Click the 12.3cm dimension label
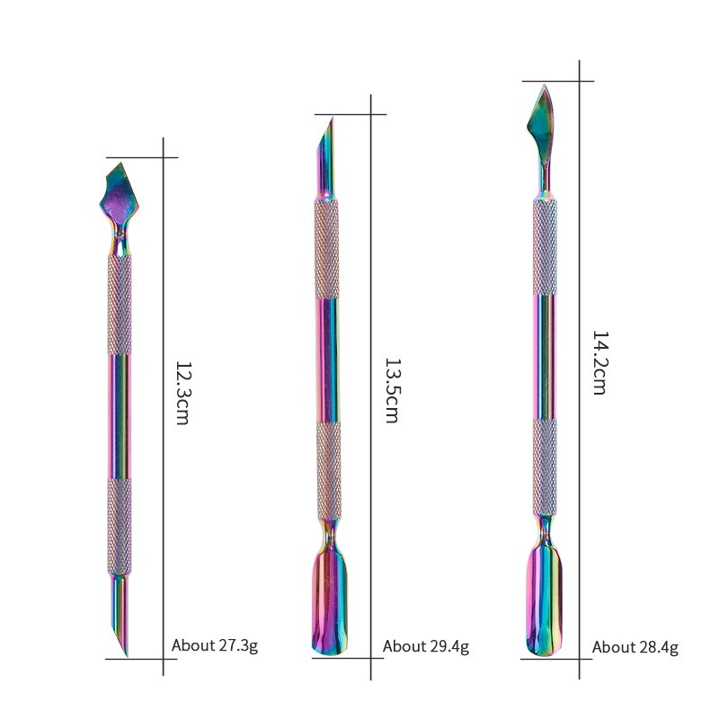[x=182, y=393]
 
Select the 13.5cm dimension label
[x=391, y=390]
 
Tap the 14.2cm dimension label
[x=599, y=362]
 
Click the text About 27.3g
[x=215, y=645]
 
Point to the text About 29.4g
[x=426, y=646]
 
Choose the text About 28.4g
[x=635, y=647]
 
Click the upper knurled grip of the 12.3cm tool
[x=120, y=305]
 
